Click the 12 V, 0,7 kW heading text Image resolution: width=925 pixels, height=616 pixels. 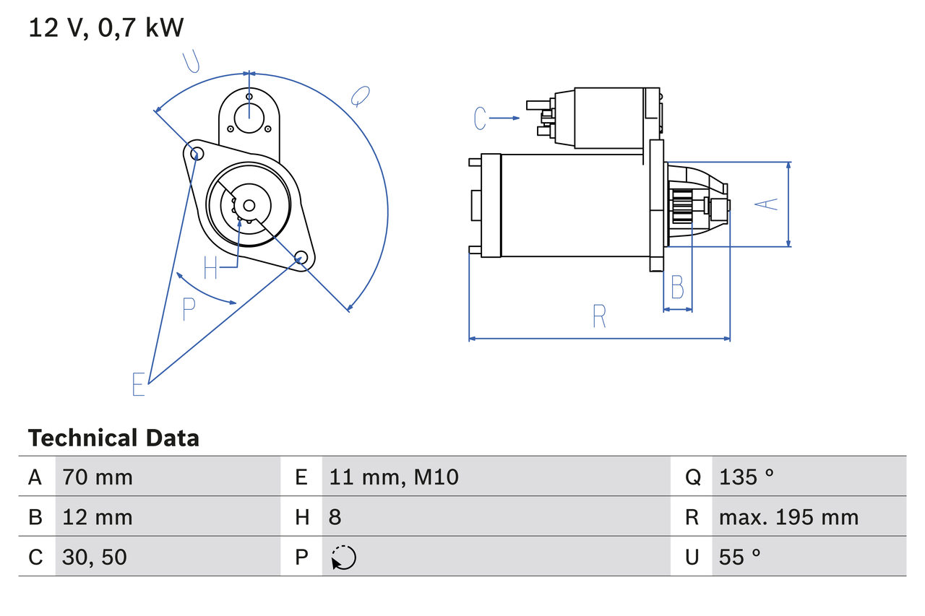(106, 28)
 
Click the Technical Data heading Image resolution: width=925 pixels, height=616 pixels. (113, 438)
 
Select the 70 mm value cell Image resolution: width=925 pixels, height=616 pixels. (98, 477)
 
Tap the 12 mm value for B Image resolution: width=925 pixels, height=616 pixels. (98, 517)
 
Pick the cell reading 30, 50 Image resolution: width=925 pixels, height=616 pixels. (95, 557)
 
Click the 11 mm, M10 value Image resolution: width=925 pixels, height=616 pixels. (394, 477)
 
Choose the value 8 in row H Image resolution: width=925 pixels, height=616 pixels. (335, 517)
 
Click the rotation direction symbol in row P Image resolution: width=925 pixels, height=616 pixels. (343, 558)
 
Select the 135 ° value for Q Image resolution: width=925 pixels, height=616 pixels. (746, 477)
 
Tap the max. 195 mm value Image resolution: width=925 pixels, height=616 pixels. (788, 517)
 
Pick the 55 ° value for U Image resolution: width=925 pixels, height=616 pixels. (739, 557)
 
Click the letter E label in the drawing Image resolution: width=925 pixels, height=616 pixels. (139, 384)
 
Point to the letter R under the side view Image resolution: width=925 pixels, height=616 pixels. (599, 316)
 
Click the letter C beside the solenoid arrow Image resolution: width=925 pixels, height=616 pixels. (481, 118)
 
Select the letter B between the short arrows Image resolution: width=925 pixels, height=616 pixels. (677, 287)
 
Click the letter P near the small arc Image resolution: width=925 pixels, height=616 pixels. (189, 309)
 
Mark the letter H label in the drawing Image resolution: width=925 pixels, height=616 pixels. (210, 268)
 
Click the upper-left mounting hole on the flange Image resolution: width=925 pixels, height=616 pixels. (194, 152)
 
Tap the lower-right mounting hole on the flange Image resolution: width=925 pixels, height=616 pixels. (301, 256)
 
